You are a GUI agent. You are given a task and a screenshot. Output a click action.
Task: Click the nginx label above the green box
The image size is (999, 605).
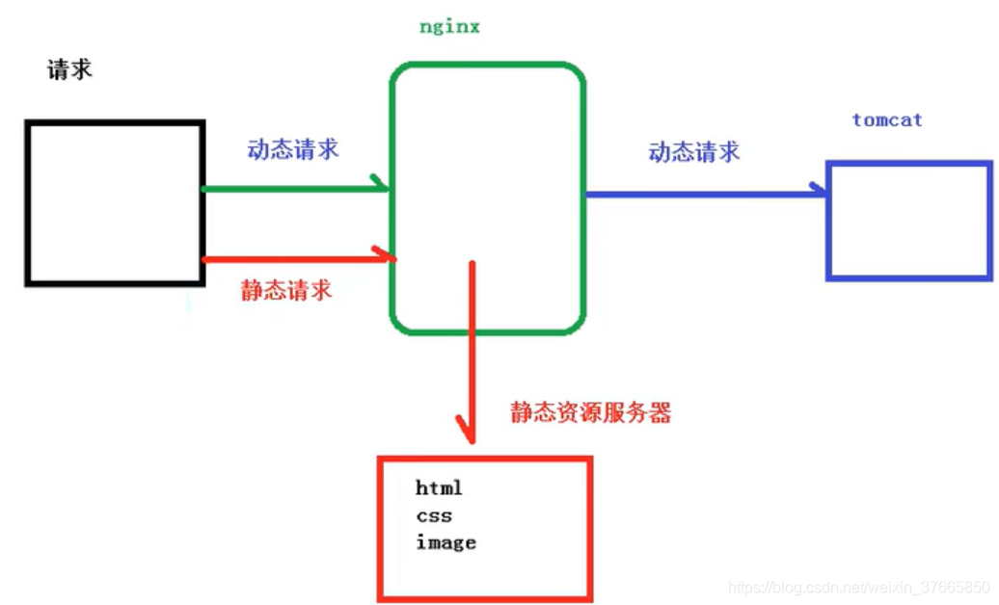(x=449, y=27)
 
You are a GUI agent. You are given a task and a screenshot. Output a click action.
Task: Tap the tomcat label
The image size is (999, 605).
(x=887, y=120)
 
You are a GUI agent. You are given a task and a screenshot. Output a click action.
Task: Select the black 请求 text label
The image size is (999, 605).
(x=70, y=69)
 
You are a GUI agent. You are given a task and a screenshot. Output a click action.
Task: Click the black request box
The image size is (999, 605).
(x=115, y=202)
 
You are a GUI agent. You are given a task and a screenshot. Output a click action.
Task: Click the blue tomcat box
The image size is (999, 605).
(x=908, y=221)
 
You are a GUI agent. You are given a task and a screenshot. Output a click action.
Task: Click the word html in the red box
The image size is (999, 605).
(x=439, y=488)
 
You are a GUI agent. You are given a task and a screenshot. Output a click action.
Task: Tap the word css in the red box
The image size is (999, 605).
(x=434, y=515)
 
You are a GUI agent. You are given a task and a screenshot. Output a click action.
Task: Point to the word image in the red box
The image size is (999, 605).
(x=445, y=542)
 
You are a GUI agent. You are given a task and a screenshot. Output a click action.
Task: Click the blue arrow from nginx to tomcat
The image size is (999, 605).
(x=704, y=194)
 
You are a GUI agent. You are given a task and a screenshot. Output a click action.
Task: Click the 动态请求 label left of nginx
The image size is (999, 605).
(x=293, y=150)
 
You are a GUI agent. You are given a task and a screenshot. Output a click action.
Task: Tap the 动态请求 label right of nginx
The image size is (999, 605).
(x=694, y=151)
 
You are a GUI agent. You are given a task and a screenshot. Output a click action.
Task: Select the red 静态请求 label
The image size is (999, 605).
(x=286, y=290)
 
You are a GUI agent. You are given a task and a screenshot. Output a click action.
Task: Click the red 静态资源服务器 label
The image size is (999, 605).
(x=590, y=413)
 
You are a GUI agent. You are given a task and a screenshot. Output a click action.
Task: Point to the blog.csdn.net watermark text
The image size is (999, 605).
(x=858, y=587)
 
